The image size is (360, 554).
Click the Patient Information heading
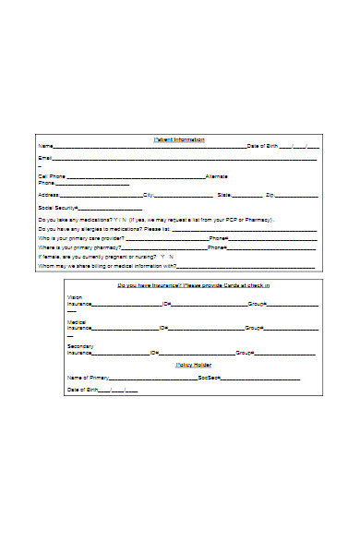(x=179, y=139)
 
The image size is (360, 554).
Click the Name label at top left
(x=44, y=147)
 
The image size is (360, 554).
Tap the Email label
(x=44, y=159)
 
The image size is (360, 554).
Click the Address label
(x=48, y=196)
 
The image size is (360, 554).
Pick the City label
(x=148, y=196)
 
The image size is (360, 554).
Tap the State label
(x=224, y=196)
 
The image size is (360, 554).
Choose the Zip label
(x=270, y=196)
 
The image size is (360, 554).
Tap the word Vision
(x=75, y=297)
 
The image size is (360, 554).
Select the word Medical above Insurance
(x=77, y=321)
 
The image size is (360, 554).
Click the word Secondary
(x=80, y=345)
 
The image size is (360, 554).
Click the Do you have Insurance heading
(x=194, y=286)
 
